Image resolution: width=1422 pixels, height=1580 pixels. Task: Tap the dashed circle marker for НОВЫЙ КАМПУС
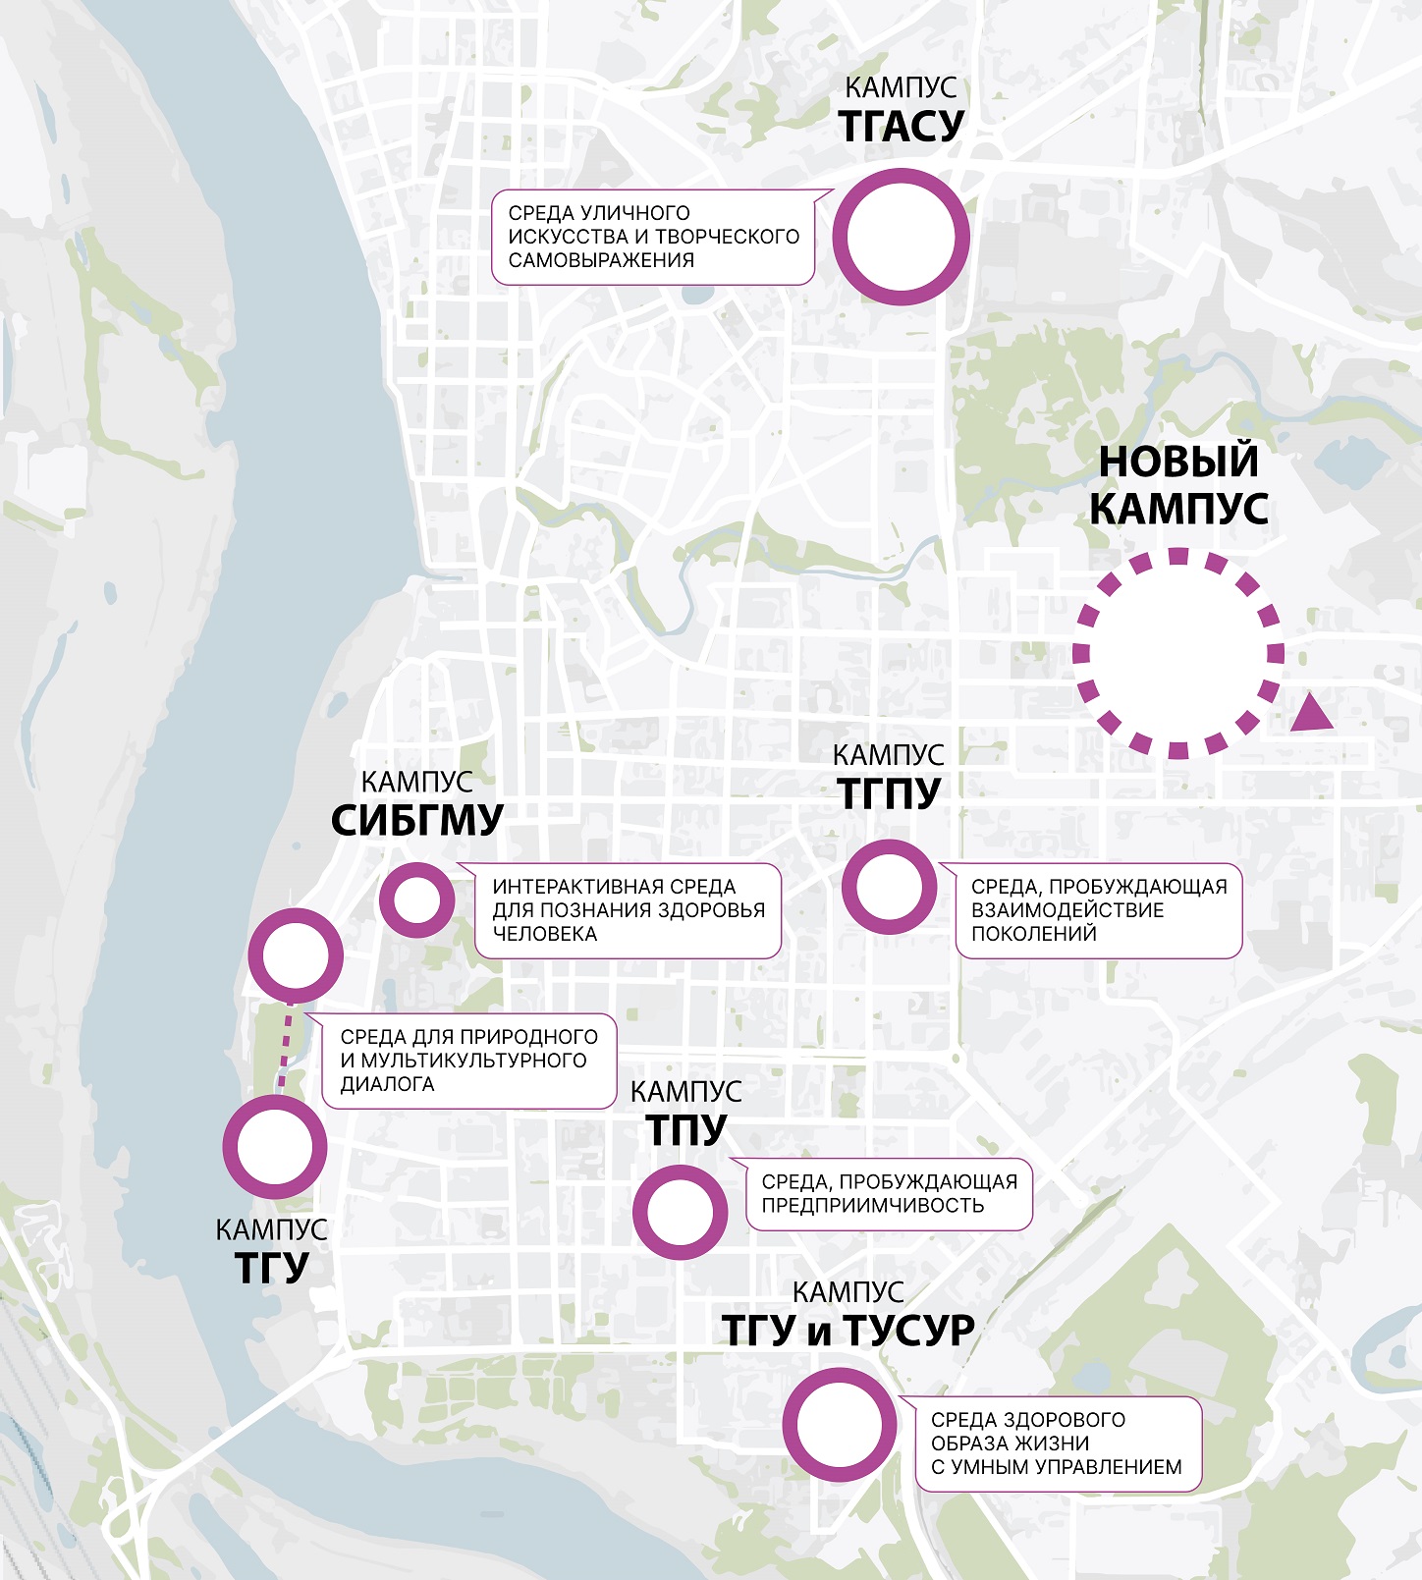click(1177, 653)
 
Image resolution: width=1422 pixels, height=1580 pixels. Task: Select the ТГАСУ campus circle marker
click(901, 237)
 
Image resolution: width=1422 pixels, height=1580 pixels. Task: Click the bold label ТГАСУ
click(902, 127)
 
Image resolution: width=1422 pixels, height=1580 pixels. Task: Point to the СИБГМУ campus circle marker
click(416, 899)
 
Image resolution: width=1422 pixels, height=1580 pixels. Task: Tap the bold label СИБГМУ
click(417, 821)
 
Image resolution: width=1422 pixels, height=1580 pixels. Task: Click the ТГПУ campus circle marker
click(889, 886)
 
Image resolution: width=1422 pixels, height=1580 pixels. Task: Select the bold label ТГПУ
click(889, 793)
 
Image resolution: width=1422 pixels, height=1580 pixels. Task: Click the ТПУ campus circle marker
click(680, 1212)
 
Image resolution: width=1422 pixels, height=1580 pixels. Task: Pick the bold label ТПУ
click(686, 1130)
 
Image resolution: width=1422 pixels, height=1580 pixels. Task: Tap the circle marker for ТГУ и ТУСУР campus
click(840, 1424)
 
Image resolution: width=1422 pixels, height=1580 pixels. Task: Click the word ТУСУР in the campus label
click(907, 1331)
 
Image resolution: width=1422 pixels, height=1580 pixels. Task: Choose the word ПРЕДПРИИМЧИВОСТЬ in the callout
click(872, 1206)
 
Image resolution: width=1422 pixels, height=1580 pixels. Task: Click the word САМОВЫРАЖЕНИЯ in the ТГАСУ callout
click(601, 260)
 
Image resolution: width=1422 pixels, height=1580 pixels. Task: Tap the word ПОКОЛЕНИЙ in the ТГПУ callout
click(1033, 934)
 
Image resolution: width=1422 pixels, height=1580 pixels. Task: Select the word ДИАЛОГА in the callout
click(387, 1084)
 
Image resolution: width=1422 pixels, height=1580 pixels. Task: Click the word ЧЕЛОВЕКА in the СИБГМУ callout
click(544, 934)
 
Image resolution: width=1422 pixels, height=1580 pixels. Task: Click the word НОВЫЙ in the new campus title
click(1177, 462)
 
